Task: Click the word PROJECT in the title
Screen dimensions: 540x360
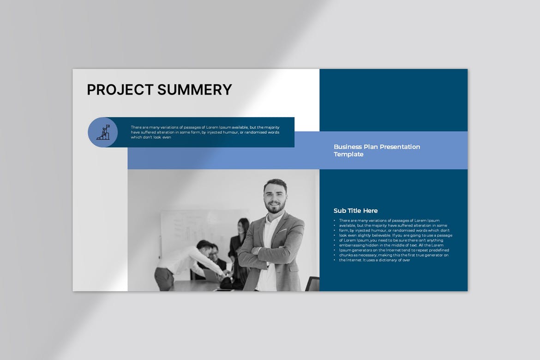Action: point(120,90)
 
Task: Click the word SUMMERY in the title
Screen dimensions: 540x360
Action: point(195,90)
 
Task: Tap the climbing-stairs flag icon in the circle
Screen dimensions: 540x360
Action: point(103,132)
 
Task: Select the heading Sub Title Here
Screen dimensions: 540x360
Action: point(355,210)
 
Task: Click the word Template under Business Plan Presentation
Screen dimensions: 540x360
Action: point(348,154)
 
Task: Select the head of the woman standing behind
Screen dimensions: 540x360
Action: point(243,226)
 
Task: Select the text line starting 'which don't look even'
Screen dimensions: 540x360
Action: point(151,137)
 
